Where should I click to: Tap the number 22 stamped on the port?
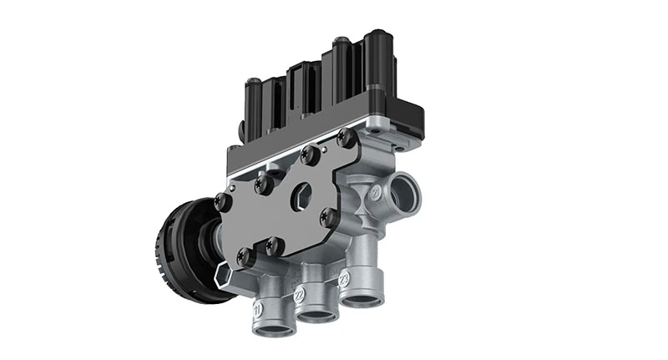point(299,295)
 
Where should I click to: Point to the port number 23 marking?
point(343,278)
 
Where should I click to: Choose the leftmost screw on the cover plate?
point(221,200)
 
